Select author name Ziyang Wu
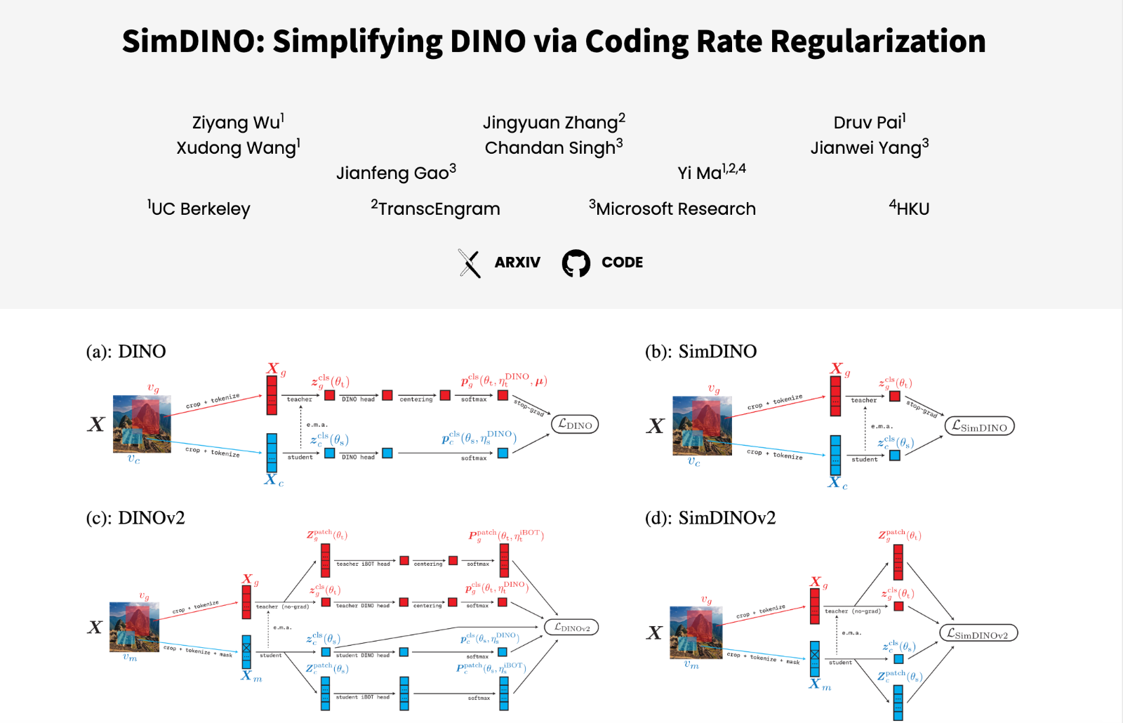pyautogui.click(x=237, y=123)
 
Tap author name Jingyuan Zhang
pyautogui.click(x=553, y=123)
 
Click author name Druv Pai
pyautogui.click(x=869, y=123)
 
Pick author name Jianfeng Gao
pyautogui.click(x=396, y=173)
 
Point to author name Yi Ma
pyautogui.click(x=710, y=173)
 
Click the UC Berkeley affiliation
pyautogui.click(x=199, y=209)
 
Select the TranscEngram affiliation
pyautogui.click(x=436, y=209)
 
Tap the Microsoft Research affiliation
pyautogui.click(x=672, y=209)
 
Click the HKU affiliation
pyautogui.click(x=910, y=209)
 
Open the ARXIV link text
pyautogui.click(x=517, y=263)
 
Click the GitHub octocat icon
pyautogui.click(x=576, y=263)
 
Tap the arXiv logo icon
pyautogui.click(x=470, y=263)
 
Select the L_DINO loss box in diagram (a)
pyautogui.click(x=575, y=425)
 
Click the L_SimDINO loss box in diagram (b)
pyautogui.click(x=979, y=427)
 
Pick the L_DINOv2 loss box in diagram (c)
pyautogui.click(x=571, y=628)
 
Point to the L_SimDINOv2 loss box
pyautogui.click(x=978, y=634)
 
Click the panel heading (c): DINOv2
pyautogui.click(x=135, y=518)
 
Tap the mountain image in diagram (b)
pyautogui.click(x=702, y=425)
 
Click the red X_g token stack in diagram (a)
pyautogui.click(x=272, y=395)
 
